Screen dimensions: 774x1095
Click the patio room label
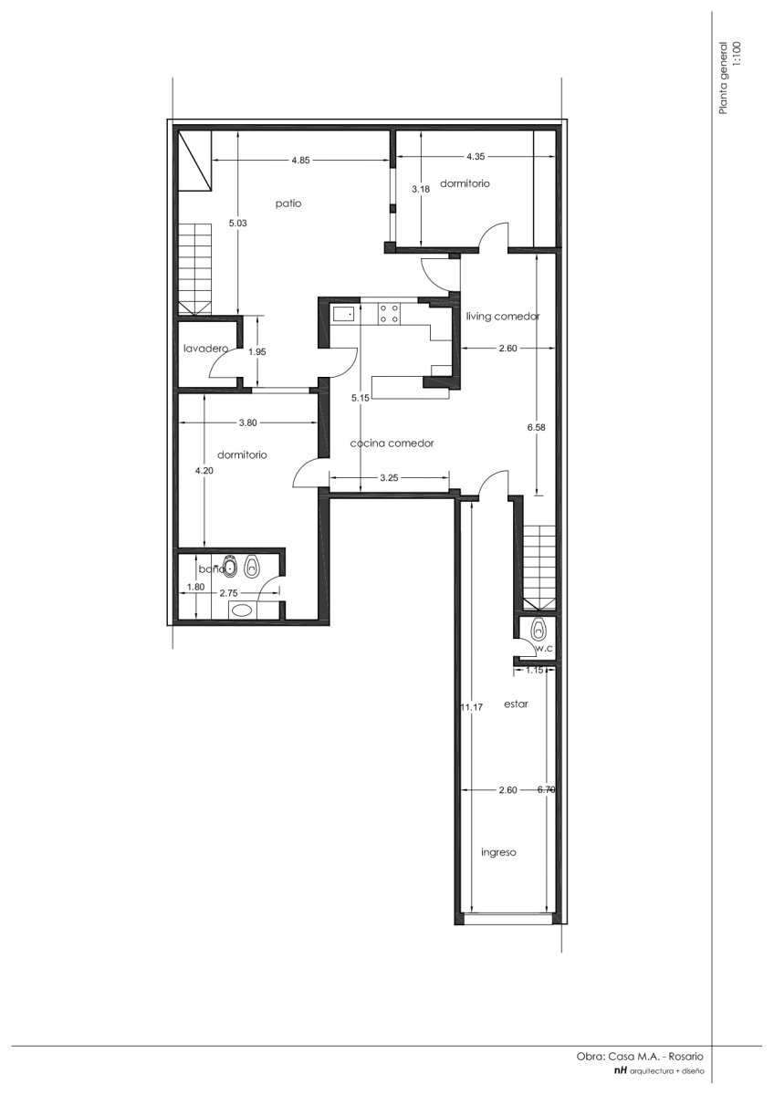(x=288, y=203)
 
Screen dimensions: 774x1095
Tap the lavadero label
(x=206, y=349)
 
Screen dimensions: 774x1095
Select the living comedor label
(x=503, y=317)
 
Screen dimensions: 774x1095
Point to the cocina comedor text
(x=392, y=443)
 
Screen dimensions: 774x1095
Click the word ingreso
(x=498, y=852)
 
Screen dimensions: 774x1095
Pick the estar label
(x=516, y=704)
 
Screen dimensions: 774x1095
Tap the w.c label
(x=544, y=648)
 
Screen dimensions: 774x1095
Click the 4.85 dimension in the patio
(x=300, y=160)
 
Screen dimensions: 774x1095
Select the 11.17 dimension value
(x=472, y=707)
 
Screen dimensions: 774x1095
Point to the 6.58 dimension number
(x=536, y=427)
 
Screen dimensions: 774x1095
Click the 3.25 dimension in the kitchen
(x=389, y=478)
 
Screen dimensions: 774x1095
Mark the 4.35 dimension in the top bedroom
(x=476, y=157)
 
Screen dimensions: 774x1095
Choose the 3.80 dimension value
(x=248, y=422)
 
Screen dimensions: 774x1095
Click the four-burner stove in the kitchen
(x=389, y=313)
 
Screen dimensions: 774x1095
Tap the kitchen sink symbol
(x=344, y=313)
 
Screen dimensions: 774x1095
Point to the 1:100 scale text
(x=737, y=57)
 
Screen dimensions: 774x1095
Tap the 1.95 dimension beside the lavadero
(x=257, y=351)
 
